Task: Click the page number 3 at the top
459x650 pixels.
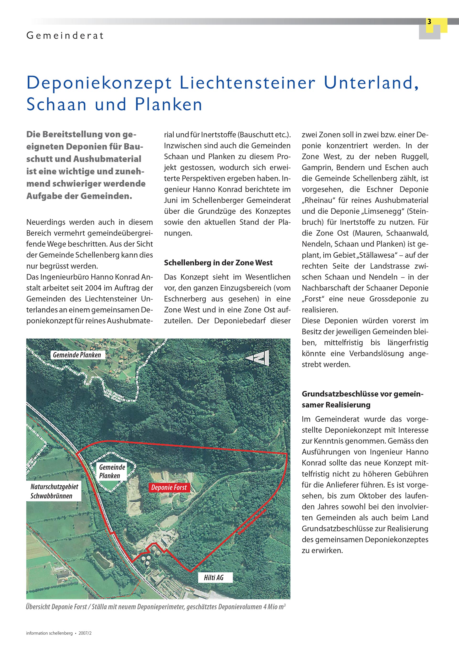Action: click(429, 22)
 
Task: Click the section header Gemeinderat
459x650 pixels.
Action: click(65, 36)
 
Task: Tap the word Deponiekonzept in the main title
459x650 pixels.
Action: click(99, 83)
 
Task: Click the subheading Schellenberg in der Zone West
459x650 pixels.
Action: click(218, 263)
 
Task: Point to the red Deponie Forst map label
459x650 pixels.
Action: click(169, 488)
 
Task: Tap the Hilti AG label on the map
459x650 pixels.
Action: click(214, 578)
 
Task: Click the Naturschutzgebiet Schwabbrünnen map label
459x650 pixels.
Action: click(54, 491)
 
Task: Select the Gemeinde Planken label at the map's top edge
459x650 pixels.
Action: click(77, 355)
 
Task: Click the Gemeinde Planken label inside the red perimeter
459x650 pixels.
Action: click(112, 471)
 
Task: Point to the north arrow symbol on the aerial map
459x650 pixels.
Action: click(257, 358)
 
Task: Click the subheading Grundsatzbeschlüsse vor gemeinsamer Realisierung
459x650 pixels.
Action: click(362, 399)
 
